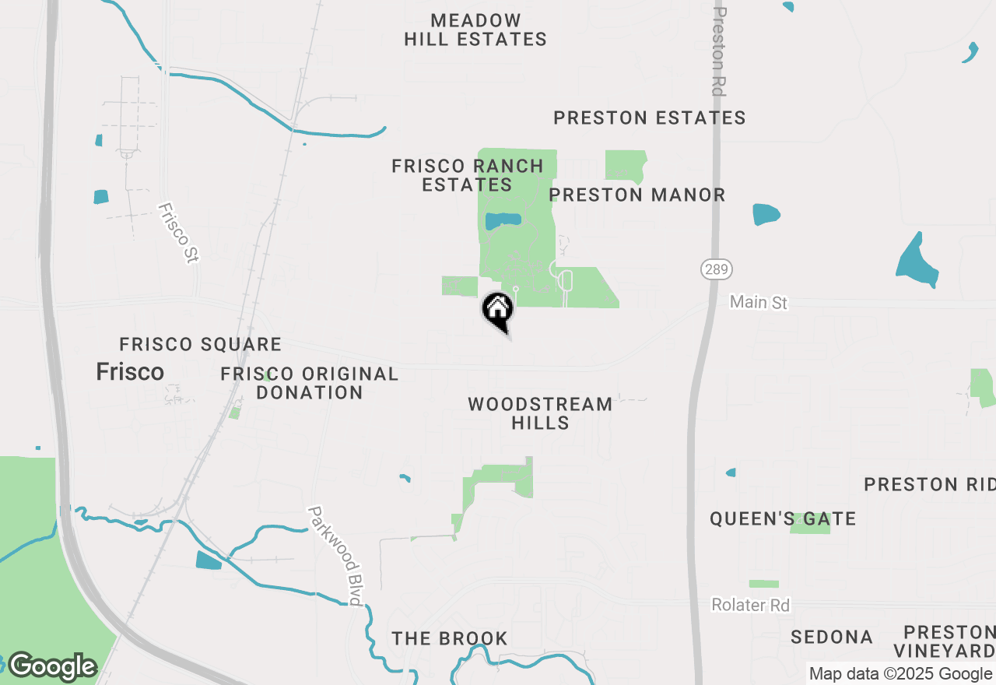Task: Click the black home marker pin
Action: tap(498, 311)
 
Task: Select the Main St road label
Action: tap(759, 302)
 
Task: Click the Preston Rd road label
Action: tap(720, 51)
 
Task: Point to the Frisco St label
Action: tap(178, 233)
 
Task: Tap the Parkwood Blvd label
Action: tap(335, 556)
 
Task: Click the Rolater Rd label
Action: tap(751, 605)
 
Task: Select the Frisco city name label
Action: tap(130, 372)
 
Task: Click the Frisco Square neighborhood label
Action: tap(200, 344)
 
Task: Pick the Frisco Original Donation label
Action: tap(310, 383)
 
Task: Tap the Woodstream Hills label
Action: tap(540, 413)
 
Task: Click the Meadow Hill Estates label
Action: tap(475, 30)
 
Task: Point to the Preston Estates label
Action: tap(650, 118)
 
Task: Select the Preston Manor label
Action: tap(637, 195)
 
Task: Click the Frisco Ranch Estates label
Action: tap(468, 175)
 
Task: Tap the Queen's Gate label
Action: tap(783, 518)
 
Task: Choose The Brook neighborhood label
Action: tap(450, 638)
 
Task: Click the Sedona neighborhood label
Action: tap(831, 637)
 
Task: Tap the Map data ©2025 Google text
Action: tap(900, 674)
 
